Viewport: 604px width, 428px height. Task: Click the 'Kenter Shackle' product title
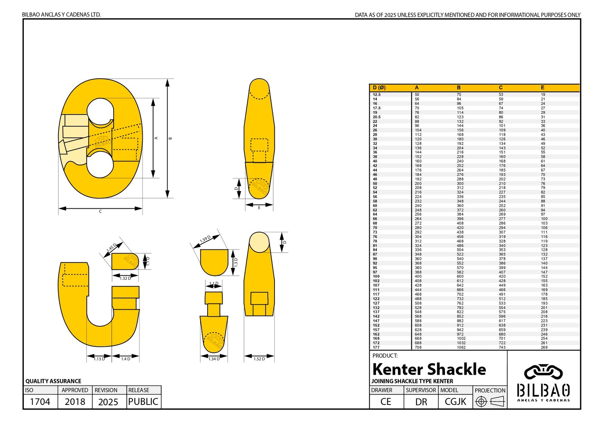[429, 369]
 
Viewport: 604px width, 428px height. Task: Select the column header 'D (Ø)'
[379, 88]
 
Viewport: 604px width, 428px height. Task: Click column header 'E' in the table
[542, 88]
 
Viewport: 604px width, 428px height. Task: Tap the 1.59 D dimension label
[205, 239]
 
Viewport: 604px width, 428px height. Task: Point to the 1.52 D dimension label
[259, 359]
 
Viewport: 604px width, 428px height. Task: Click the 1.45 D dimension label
[111, 248]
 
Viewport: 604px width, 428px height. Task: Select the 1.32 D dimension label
[125, 278]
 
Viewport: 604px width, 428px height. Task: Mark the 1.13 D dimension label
[99, 359]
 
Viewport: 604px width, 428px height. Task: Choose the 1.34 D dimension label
[214, 359]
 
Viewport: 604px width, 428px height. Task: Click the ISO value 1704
[40, 402]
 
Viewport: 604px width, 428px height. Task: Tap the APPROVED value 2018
[75, 402]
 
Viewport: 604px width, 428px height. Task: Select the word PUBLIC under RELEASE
[143, 402]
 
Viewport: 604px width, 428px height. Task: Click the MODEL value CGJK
[455, 402]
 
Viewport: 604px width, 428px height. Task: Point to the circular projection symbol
[481, 402]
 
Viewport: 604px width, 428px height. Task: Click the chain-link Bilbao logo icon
[543, 372]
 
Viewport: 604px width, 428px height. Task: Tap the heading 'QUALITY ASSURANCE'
[53, 381]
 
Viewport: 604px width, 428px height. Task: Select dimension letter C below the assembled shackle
[100, 212]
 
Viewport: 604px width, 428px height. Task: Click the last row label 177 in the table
[376, 347]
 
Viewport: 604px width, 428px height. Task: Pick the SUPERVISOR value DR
[421, 402]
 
